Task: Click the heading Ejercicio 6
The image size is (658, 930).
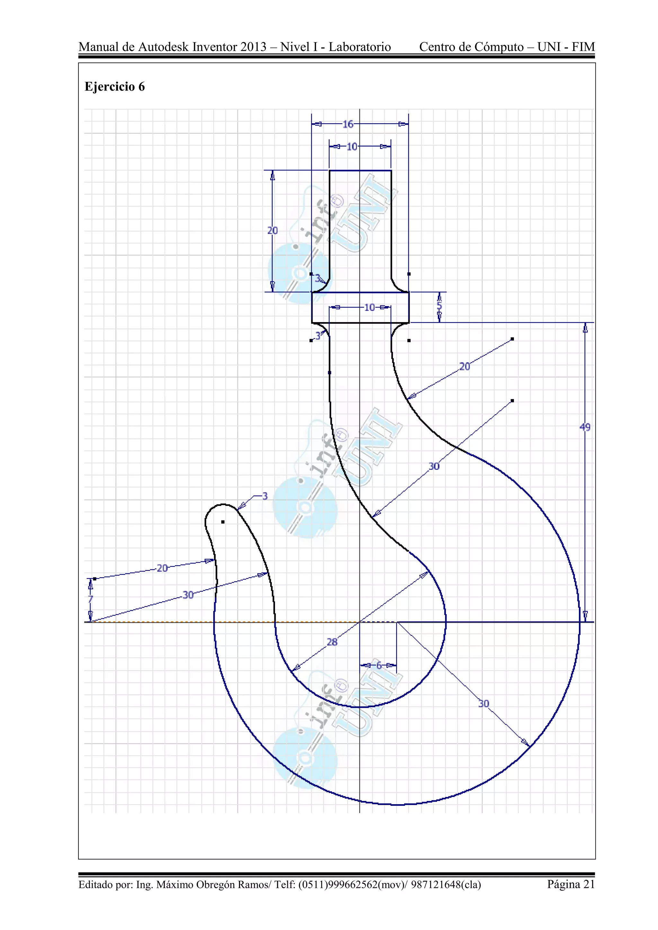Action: [115, 87]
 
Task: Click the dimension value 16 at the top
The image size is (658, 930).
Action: [348, 124]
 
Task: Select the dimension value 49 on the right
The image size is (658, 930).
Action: [585, 427]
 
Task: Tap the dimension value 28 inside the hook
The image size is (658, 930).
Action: [332, 642]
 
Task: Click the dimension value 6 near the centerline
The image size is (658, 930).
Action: [379, 665]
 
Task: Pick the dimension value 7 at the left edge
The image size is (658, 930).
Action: [90, 599]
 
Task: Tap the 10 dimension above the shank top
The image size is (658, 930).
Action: [352, 147]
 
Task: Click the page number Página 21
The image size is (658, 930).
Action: [571, 884]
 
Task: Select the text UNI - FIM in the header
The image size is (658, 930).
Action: [566, 47]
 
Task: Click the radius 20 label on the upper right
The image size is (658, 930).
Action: [464, 366]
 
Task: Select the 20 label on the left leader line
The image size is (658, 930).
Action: [162, 568]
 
